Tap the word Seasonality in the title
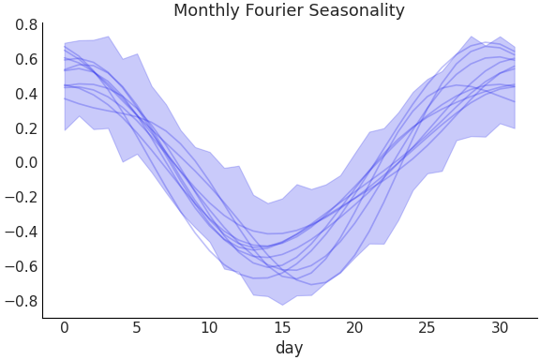[355, 11]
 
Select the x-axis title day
[289, 349]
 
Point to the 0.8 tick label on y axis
[26, 24]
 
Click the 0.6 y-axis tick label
[26, 59]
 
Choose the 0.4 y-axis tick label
[26, 94]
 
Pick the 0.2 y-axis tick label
[26, 128]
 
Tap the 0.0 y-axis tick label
[26, 163]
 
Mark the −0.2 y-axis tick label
[22, 198]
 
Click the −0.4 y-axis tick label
[22, 232]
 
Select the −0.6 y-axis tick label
[22, 267]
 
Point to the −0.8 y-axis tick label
[22, 302]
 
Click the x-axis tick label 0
[65, 328]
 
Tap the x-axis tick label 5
[137, 328]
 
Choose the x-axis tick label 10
[209, 328]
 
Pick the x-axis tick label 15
[281, 328]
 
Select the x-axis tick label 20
[354, 328]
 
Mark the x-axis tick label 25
[427, 328]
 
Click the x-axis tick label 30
[499, 328]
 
